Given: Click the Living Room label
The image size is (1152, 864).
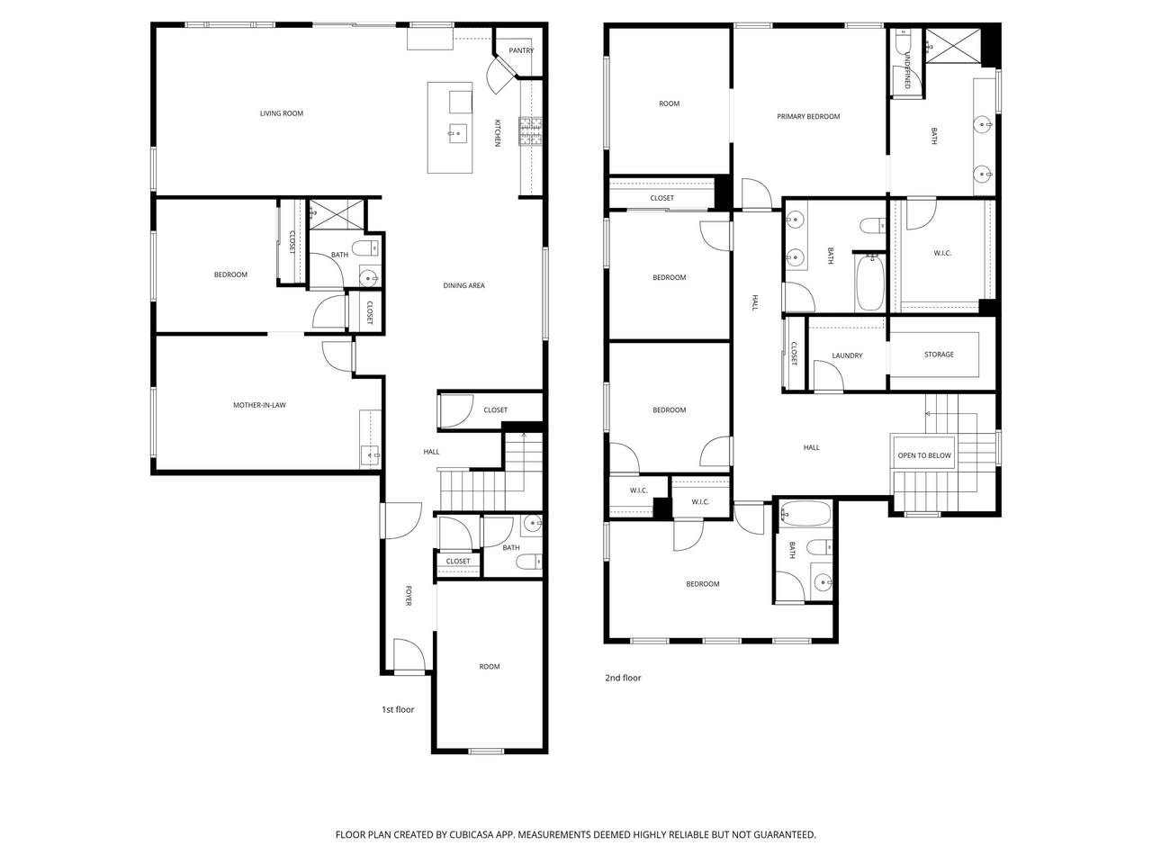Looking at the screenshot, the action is [282, 113].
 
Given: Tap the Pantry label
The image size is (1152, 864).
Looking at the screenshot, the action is [520, 51].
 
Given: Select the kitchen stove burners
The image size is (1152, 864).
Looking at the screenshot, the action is [530, 131].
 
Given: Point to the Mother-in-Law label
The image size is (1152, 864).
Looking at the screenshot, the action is [259, 405].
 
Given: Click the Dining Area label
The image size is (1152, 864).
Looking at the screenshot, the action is [463, 285].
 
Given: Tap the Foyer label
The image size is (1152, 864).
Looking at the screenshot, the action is [409, 596].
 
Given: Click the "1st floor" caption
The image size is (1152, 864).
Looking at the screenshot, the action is [397, 709].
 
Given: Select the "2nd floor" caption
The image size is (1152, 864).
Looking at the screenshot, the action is [623, 678].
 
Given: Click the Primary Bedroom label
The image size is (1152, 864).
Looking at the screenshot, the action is [807, 116].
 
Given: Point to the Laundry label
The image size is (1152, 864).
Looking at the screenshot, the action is [847, 355].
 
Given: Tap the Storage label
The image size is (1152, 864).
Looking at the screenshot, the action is [939, 355].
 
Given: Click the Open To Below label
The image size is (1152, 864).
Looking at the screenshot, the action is [923, 455].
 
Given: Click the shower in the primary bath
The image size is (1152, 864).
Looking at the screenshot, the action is [952, 45].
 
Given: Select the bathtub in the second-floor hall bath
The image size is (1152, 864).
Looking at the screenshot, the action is [869, 282].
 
